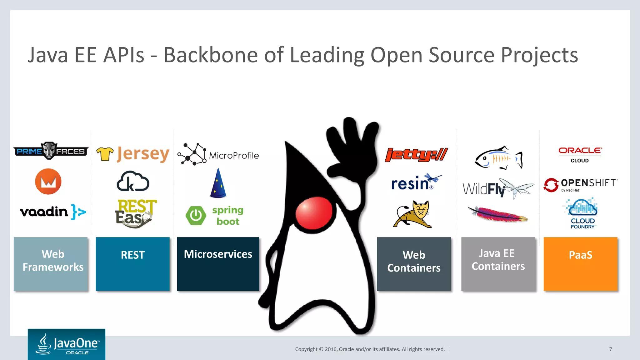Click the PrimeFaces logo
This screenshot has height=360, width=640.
point(51,151)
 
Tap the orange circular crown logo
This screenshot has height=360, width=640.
point(48,182)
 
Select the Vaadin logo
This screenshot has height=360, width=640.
point(52,212)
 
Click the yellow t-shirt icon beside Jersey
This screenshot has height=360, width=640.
point(105,154)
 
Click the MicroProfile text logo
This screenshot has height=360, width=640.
point(234,155)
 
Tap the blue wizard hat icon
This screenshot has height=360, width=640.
point(218,184)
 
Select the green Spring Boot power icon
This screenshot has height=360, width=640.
point(196,215)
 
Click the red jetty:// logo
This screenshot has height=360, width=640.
point(416,154)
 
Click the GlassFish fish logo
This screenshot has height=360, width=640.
point(498,158)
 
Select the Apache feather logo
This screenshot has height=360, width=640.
point(497,214)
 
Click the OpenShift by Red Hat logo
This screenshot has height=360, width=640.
point(581,185)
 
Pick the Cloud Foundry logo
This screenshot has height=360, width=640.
point(582,214)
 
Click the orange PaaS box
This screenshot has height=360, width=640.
point(580,264)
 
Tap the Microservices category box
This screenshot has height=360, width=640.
point(218,264)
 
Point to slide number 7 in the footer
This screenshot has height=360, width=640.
point(610,349)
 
